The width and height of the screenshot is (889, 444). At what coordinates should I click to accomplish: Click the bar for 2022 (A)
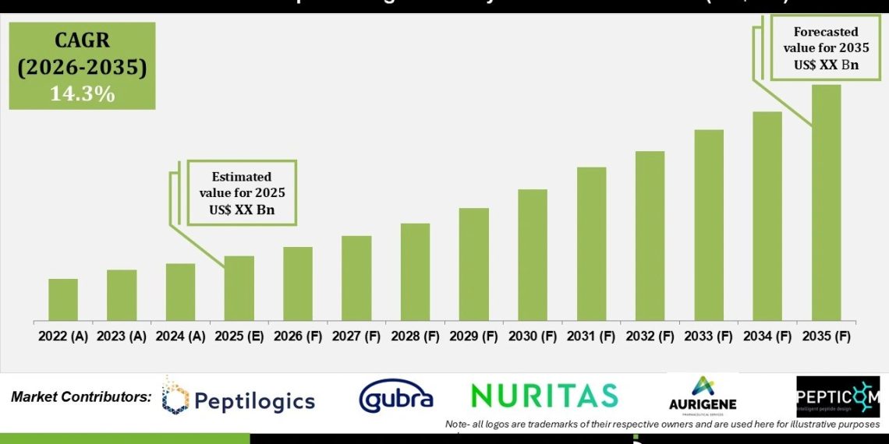(x=63, y=300)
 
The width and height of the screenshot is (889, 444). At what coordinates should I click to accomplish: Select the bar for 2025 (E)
(x=239, y=288)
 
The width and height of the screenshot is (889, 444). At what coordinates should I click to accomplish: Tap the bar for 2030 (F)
(x=533, y=255)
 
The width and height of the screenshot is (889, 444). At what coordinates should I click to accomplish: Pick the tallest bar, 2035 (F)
(x=827, y=203)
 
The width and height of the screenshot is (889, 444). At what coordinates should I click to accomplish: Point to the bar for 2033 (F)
(x=709, y=225)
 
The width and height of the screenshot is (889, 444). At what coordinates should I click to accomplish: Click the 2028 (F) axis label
(x=415, y=337)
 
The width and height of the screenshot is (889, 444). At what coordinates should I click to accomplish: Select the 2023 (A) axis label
(x=122, y=337)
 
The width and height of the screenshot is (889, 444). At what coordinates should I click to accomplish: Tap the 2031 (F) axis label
(x=591, y=337)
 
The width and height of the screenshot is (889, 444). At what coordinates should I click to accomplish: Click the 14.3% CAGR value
(x=82, y=94)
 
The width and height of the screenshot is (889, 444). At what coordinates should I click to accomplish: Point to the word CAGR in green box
(x=82, y=41)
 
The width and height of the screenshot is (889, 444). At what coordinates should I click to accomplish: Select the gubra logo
(x=395, y=398)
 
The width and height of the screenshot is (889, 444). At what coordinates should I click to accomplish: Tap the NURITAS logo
(x=544, y=396)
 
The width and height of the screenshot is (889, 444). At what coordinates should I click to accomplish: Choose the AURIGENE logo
(x=703, y=396)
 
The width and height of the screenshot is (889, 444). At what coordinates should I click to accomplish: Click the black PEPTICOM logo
(x=838, y=396)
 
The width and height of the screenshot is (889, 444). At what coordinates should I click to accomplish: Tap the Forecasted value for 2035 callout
(x=826, y=48)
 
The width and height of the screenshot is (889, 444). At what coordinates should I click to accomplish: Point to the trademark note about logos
(x=662, y=425)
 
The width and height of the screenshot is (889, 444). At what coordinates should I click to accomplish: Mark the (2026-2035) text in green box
(x=82, y=68)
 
